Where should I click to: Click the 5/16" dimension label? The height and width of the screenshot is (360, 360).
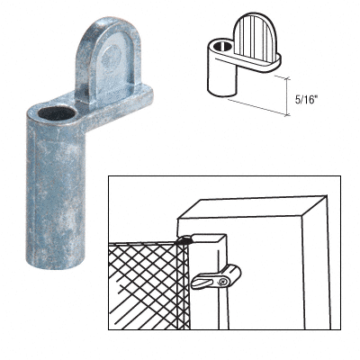tap(306, 100)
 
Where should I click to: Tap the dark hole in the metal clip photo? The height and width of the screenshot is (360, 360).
tap(56, 113)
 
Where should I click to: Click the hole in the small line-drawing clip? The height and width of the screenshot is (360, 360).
tap(222, 46)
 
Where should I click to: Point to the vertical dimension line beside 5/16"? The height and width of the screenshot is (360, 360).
tap(287, 96)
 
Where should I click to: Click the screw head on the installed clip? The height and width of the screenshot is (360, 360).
tap(222, 282)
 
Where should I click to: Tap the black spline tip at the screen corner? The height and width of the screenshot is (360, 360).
tap(184, 238)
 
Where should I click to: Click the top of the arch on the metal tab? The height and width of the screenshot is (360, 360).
tap(111, 18)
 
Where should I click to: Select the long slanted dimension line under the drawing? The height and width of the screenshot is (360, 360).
tap(258, 107)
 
